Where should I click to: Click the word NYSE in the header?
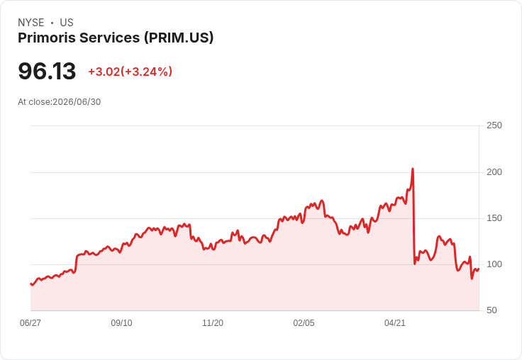click(31, 23)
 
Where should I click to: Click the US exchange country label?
click(67, 23)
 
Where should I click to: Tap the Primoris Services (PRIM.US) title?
click(116, 38)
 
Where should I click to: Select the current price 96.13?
click(47, 71)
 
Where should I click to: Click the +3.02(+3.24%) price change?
click(130, 72)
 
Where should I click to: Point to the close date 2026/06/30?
click(77, 102)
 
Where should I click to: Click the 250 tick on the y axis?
click(494, 125)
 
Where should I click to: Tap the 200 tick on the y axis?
click(494, 172)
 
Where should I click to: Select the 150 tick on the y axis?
click(494, 218)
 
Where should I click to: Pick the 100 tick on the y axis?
click(494, 264)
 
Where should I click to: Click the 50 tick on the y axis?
click(492, 310)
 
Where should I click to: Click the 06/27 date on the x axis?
click(30, 322)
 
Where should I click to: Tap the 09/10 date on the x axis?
click(121, 322)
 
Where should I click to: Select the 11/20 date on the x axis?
click(213, 322)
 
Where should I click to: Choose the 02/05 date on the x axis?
click(304, 322)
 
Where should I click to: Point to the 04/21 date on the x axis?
click(395, 322)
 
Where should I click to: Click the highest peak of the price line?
click(413, 169)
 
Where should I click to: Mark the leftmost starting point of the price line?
click(30, 283)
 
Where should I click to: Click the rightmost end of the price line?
click(479, 269)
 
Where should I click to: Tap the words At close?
click(34, 102)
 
